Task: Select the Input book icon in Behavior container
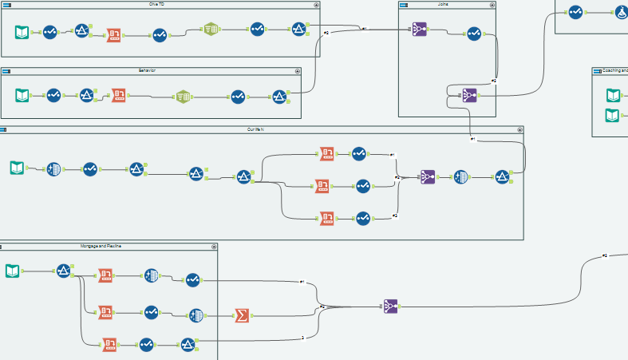[x=22, y=95]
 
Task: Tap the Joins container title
[x=443, y=4]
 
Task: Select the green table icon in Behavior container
[x=183, y=96]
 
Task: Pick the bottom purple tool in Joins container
[x=469, y=95]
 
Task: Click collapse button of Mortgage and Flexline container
[x=213, y=247]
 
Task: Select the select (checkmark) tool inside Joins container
[x=473, y=34]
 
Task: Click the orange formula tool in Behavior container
[x=119, y=95]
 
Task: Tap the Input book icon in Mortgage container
[x=13, y=270]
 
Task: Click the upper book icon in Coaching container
[x=613, y=95]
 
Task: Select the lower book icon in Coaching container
[x=613, y=115]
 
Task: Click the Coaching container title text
[x=613, y=71]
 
